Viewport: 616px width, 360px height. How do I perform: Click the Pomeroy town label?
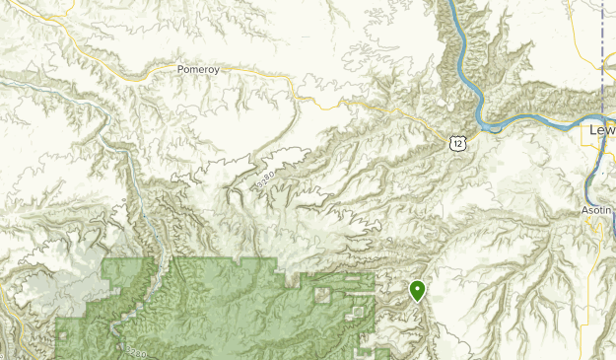click(196, 70)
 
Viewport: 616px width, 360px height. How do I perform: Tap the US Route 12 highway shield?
click(455, 144)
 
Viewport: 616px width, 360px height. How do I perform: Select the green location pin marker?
click(417, 290)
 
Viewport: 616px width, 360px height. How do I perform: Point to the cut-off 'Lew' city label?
click(601, 129)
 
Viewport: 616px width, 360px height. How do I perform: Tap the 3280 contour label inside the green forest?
click(136, 348)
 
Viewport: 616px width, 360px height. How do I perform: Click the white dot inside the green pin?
click(417, 289)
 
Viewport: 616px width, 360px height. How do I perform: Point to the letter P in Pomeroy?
click(180, 70)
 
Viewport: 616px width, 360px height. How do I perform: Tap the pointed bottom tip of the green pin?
click(417, 302)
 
